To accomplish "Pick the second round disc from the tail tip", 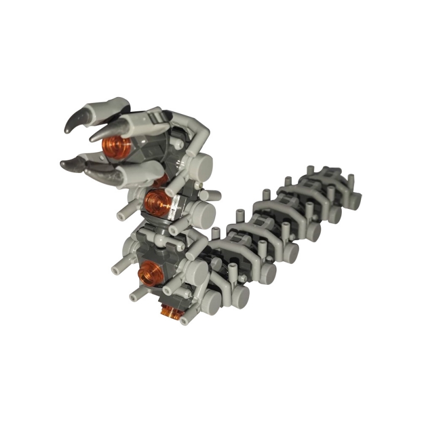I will [x=334, y=212].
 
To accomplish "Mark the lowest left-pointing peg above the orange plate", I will [x=136, y=297].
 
